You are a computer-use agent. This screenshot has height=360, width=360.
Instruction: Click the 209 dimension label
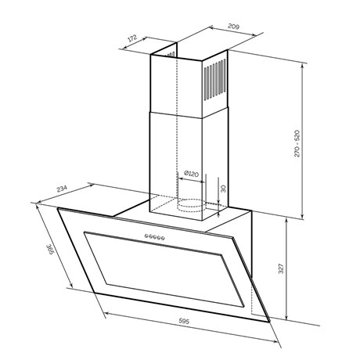coord(233,27)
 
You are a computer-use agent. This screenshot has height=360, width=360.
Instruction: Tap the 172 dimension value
coord(132,38)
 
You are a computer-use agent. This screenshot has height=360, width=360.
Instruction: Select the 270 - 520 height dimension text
coord(297,143)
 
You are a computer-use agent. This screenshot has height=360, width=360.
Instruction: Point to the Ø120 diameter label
coord(191,174)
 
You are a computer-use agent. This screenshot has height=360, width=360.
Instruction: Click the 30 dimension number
coord(223,189)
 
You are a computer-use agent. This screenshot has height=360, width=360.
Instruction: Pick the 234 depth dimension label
coord(62,189)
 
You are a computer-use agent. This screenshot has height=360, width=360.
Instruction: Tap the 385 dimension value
coord(50,250)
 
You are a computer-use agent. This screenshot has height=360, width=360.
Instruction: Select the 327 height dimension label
coord(281,268)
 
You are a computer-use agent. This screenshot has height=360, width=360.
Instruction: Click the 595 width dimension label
coord(184,321)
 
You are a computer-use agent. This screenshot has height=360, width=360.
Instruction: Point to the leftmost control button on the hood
coord(147,236)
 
